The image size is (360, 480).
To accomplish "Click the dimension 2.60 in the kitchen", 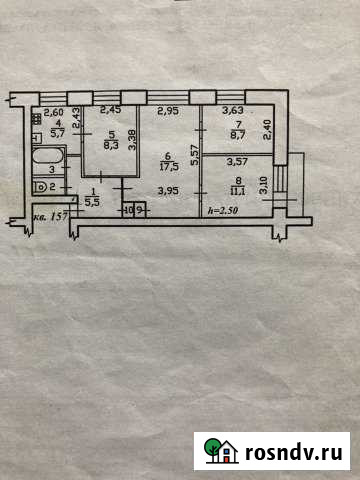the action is click(54, 113).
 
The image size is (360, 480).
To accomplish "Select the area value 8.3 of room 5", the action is click(112, 144).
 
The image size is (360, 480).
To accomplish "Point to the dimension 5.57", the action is click(195, 152).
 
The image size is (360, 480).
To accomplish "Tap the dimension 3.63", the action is click(234, 111).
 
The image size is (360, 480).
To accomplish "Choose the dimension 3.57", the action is click(237, 160).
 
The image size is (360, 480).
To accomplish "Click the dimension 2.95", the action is click(167, 112).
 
